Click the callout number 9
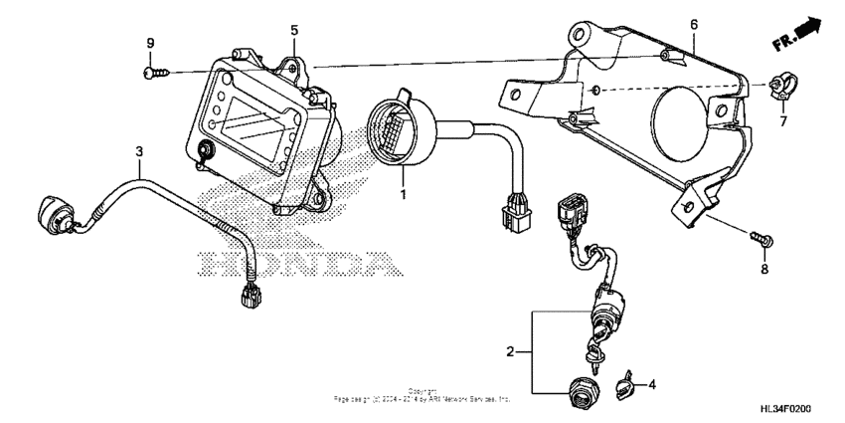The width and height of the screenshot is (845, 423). point(151,43)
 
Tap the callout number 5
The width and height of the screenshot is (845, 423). point(294,31)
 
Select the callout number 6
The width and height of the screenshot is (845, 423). point(694,23)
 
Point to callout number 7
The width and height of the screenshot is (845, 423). point(782,122)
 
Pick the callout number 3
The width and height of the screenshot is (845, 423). point(140,150)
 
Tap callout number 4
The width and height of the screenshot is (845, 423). point(651,383)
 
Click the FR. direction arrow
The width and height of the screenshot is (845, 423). point(801,38)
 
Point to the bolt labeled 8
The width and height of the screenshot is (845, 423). point(762,238)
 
